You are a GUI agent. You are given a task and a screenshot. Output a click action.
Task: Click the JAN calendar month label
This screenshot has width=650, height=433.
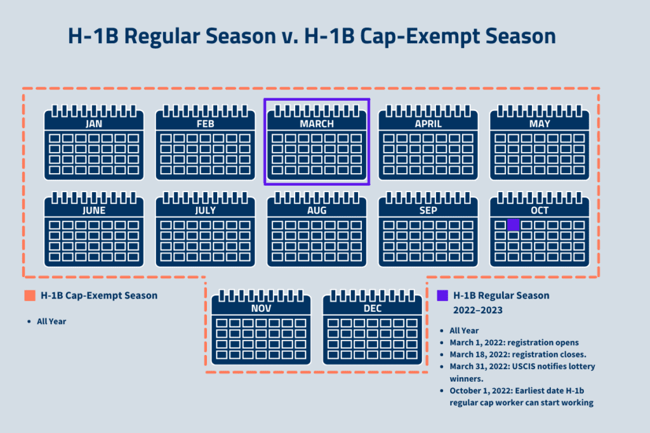tap(94, 124)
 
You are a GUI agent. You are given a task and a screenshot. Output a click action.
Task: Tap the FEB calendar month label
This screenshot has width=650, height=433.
tap(206, 124)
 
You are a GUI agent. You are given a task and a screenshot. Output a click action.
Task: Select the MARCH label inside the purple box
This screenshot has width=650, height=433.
tap(317, 124)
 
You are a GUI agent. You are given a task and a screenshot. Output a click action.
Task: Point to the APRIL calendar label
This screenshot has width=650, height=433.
tap(428, 124)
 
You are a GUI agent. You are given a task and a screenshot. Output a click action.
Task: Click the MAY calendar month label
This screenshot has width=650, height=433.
tap(540, 124)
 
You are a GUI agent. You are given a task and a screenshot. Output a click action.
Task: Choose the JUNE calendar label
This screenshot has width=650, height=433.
tap(94, 210)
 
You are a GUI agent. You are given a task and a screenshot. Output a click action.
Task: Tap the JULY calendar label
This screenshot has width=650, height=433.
tap(206, 210)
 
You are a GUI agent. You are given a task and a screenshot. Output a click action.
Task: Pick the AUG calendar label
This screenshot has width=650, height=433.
tap(317, 210)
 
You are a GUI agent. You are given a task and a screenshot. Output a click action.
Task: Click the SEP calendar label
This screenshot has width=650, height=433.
tap(428, 210)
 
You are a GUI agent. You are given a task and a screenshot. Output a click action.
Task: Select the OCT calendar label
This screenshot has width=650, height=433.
tap(540, 210)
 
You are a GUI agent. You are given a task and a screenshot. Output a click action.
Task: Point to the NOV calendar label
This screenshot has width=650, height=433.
tap(261, 308)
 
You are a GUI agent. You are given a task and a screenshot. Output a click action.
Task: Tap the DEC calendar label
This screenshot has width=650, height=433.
tap(373, 308)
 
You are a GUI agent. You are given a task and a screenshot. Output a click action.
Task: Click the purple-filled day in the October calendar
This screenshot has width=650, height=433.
tap(514, 224)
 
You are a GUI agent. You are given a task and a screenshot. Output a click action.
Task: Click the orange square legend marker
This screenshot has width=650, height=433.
tap(29, 295)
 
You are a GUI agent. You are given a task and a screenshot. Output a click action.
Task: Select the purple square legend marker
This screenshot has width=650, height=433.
tap(442, 295)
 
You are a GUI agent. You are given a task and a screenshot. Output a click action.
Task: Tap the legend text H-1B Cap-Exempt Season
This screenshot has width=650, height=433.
tap(99, 295)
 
